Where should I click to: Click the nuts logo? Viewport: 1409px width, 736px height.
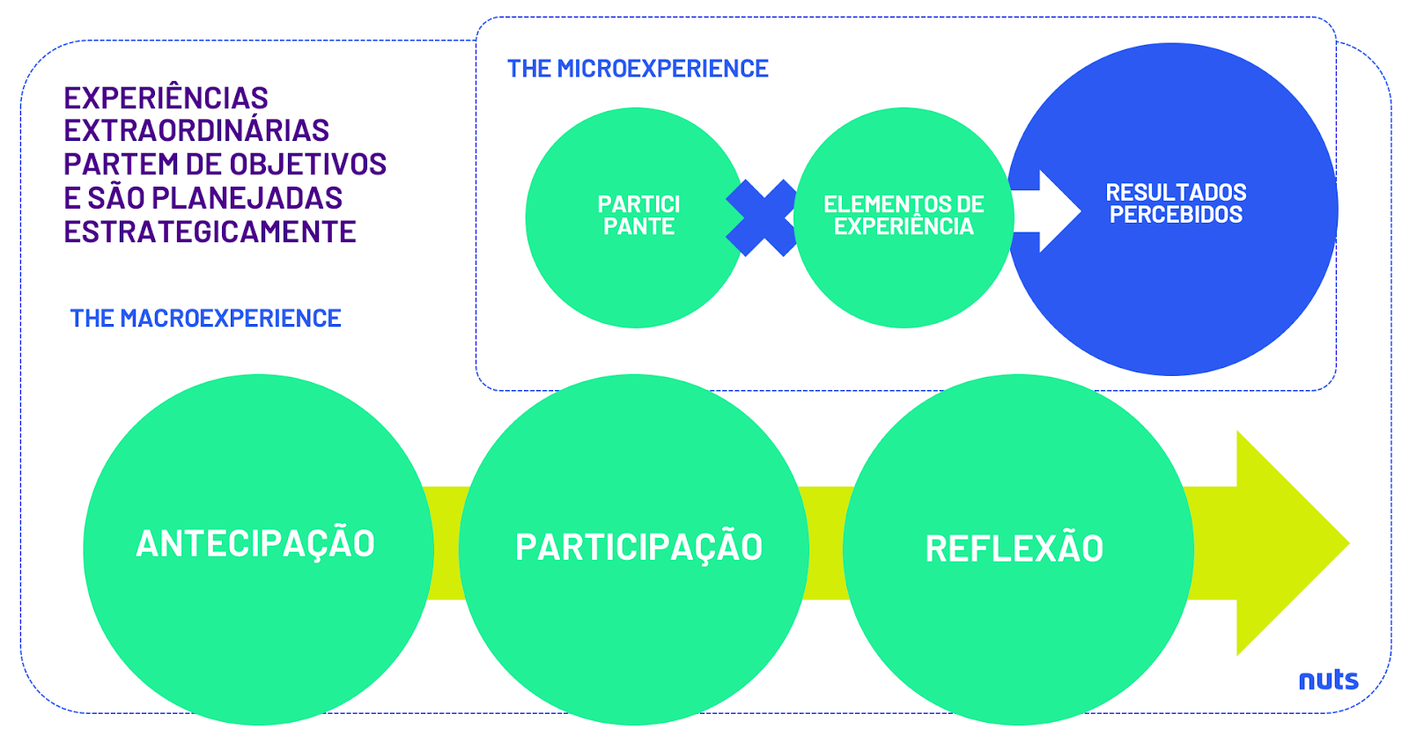coord(1328,680)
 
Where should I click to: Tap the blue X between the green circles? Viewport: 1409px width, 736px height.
coord(761,217)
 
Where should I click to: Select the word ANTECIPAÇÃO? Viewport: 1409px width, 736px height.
coord(255,544)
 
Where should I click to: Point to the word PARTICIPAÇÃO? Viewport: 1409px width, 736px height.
coord(638,548)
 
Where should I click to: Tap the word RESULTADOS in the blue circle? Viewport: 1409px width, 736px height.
coord(1176,193)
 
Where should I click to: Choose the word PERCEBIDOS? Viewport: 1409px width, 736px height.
coord(1176,215)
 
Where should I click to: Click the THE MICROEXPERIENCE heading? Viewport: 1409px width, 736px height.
coord(638,69)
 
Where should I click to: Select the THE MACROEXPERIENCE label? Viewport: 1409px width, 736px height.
coord(205,319)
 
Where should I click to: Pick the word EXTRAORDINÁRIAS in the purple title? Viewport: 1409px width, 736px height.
coord(196,131)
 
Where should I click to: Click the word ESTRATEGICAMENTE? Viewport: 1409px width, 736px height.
coord(210,232)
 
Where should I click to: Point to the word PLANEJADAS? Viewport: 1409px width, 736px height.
coord(260,198)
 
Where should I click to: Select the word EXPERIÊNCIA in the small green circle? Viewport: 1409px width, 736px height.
coord(904,227)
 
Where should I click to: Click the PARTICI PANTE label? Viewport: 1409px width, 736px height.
coord(638,216)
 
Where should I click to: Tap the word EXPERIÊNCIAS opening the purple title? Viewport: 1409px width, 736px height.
coord(166,98)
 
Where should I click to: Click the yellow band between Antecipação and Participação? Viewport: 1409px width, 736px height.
coord(446,543)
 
